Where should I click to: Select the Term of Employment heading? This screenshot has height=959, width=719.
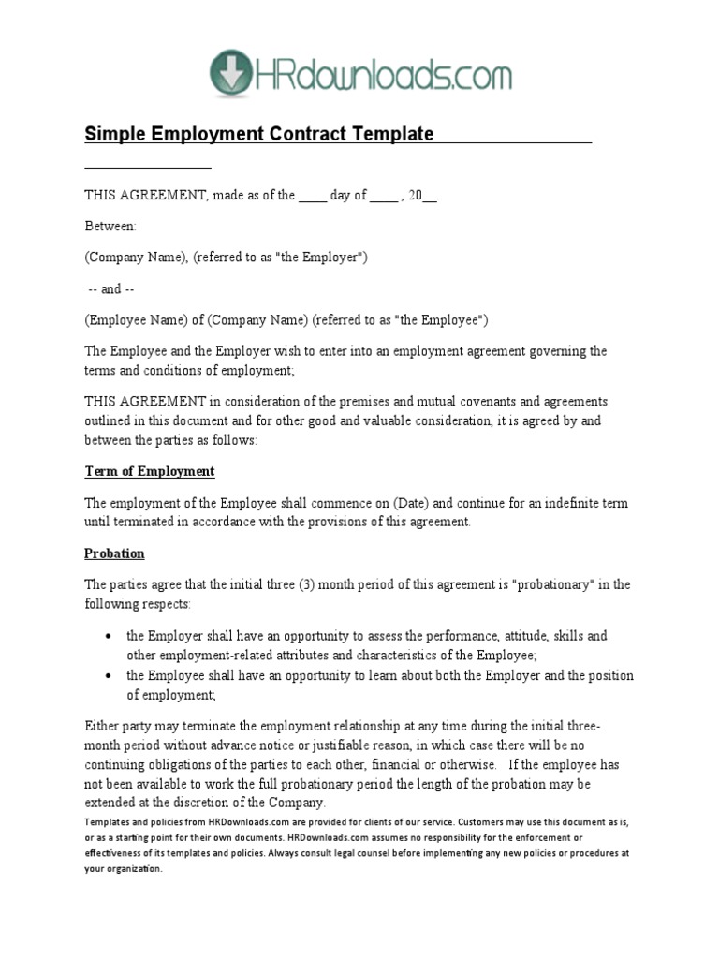pos(150,471)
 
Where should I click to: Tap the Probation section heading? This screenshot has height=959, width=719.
pos(114,553)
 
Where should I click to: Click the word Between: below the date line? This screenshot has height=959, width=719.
pos(110,227)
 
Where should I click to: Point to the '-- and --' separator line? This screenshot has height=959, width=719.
pos(110,289)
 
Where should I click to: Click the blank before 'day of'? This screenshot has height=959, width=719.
pos(313,196)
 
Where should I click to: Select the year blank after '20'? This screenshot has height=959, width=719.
pos(430,196)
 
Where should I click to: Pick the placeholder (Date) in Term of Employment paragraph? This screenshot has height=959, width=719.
pos(376,503)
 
